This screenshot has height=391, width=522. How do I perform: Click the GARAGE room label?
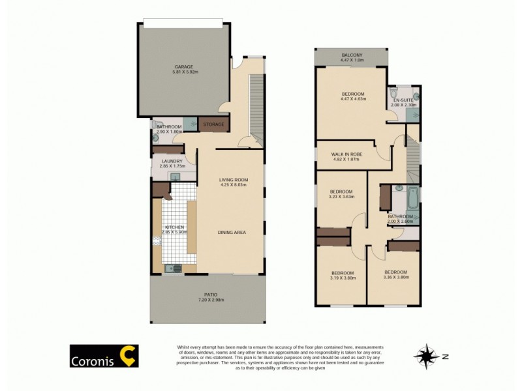[183, 66]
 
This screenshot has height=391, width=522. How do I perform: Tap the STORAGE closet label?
[213, 124]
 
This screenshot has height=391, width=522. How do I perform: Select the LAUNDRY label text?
[173, 160]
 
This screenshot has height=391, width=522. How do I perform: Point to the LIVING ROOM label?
[233, 179]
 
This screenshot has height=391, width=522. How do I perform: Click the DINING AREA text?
[232, 232]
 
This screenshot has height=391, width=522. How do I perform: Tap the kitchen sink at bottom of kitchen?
[174, 267]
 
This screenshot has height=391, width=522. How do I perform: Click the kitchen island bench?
[191, 227]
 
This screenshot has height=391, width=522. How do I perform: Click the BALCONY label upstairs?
[352, 55]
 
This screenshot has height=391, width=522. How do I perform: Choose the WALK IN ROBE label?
[347, 154]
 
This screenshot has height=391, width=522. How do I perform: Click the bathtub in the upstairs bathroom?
[399, 195]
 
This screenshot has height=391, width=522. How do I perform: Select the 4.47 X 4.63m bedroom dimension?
[353, 99]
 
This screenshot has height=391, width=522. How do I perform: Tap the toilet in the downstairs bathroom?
[156, 124]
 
